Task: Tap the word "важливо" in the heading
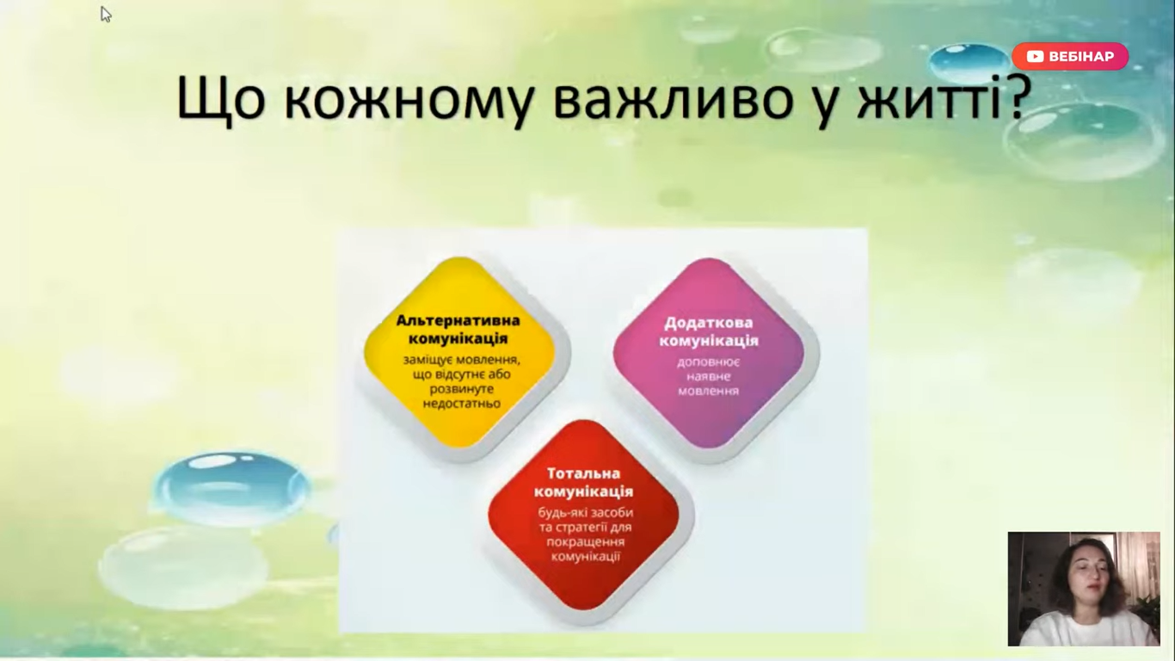click(x=674, y=97)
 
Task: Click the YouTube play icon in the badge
click(x=1035, y=56)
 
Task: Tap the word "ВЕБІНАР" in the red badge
click(x=1081, y=56)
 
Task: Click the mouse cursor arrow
click(x=106, y=14)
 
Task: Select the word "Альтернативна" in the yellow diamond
click(x=458, y=320)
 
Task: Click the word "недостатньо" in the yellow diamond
click(x=462, y=403)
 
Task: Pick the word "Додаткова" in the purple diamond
click(x=709, y=323)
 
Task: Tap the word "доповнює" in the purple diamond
click(x=708, y=362)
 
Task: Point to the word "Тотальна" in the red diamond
click(x=583, y=473)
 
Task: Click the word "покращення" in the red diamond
click(x=586, y=542)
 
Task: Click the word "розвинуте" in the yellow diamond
click(x=462, y=389)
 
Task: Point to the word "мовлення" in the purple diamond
click(x=708, y=391)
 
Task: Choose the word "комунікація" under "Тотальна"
click(x=583, y=491)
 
